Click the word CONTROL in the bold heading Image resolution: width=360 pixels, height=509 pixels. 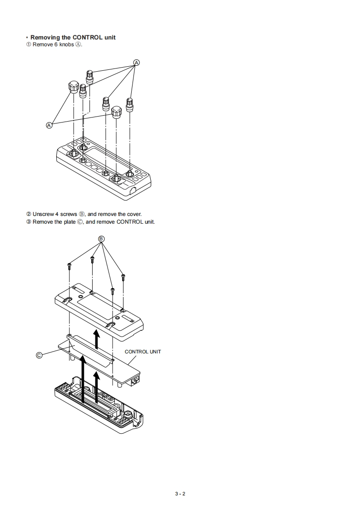(87, 37)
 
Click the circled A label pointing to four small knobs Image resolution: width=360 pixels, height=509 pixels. (136, 62)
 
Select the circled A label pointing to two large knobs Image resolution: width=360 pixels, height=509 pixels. (49, 125)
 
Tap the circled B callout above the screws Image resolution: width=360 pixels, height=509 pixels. (102, 239)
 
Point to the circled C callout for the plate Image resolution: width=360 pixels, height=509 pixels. (39, 355)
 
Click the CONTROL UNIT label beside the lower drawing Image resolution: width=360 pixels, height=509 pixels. (143, 352)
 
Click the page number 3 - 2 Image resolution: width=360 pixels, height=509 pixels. (180, 494)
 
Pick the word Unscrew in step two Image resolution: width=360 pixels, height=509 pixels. (43, 214)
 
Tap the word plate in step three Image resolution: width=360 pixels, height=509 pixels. (67, 222)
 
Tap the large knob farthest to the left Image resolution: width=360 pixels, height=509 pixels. (73, 86)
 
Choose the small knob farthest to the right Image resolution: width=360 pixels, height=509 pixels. (130, 104)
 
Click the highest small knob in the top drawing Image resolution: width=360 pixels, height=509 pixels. (89, 75)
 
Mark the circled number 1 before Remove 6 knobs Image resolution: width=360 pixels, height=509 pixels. (28, 44)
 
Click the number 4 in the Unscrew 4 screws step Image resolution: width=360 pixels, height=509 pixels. (62, 214)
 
